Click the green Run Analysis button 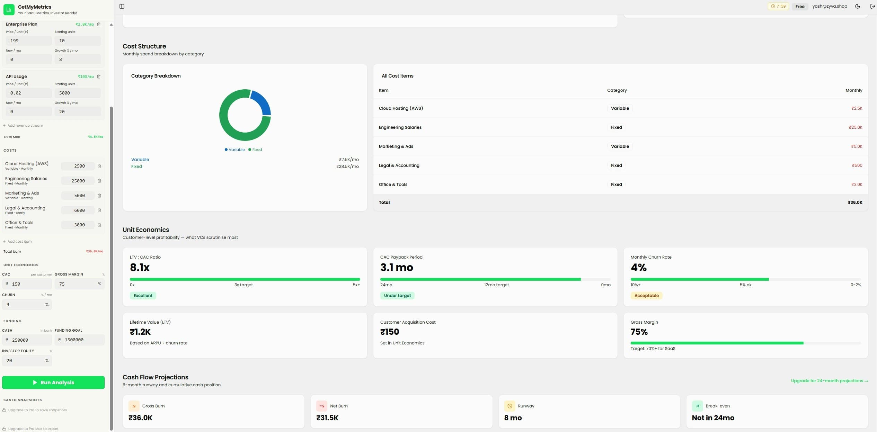coord(53,382)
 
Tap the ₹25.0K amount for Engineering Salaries coord(855,127)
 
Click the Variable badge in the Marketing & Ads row coord(620,146)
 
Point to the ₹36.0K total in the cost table coord(855,202)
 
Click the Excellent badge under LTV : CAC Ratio coord(143,296)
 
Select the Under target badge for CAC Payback coord(397,296)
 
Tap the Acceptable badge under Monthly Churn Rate coord(646,296)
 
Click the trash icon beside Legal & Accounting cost coord(99,210)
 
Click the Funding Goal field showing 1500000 coord(80,340)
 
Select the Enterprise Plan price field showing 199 coord(29,41)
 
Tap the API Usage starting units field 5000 coord(78,93)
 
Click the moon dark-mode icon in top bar coord(857,6)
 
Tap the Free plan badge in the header coord(799,6)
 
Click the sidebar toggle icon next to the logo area coord(122,6)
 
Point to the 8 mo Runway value coord(513,418)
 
